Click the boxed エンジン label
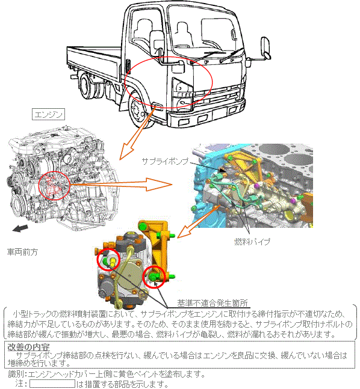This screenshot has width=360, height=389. tap(48, 114)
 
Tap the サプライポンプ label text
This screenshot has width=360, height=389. tap(165, 161)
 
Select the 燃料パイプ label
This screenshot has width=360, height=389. tap(252, 241)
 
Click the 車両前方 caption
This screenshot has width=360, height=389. tap(22, 252)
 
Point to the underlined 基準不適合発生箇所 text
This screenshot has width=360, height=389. tap(213, 303)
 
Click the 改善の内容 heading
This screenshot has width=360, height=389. tap(28, 347)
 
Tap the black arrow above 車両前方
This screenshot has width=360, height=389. tap(20, 228)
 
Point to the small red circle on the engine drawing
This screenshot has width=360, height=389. tap(54, 186)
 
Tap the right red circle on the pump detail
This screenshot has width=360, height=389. tap(154, 277)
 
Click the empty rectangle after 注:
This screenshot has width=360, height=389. tap(52, 384)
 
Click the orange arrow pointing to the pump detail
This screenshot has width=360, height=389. tap(198, 221)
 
